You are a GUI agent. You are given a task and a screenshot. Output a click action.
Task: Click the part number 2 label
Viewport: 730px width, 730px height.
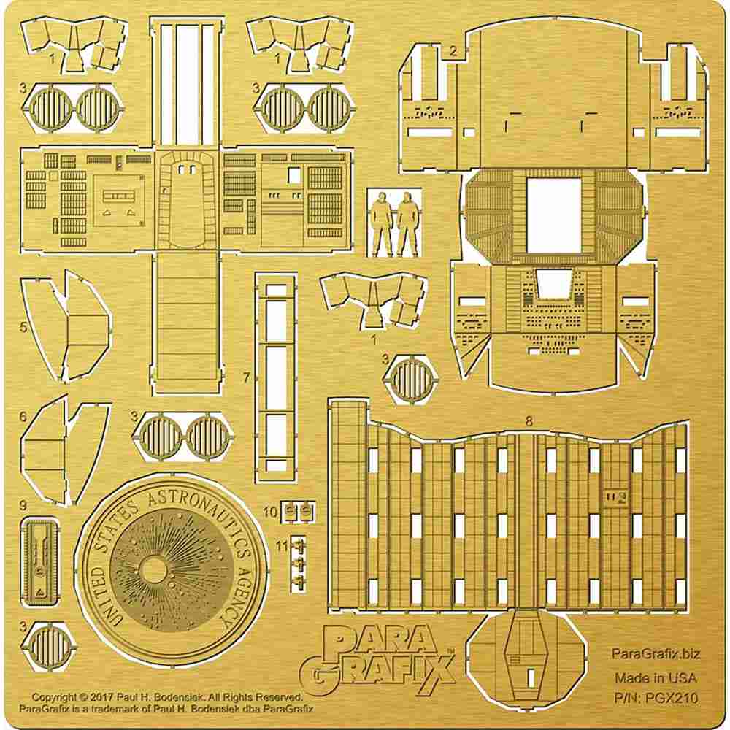(x=453, y=50)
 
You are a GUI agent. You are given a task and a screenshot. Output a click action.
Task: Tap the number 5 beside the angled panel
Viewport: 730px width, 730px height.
(x=23, y=327)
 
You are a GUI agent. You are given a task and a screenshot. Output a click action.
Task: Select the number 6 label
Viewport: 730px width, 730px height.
(x=23, y=417)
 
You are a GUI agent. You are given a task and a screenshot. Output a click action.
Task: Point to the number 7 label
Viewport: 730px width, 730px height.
(x=247, y=377)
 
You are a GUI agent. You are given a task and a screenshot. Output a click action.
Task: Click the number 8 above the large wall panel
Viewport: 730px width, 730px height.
(x=529, y=421)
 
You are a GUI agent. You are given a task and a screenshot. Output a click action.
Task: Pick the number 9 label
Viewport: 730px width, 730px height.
(x=23, y=505)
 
